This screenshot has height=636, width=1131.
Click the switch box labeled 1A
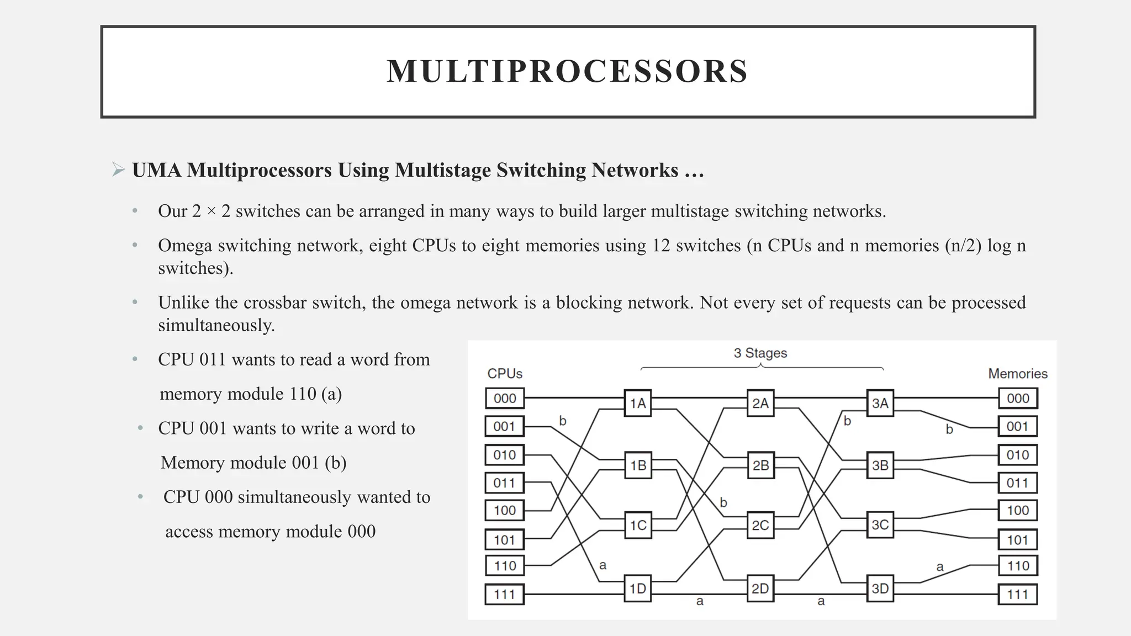638,403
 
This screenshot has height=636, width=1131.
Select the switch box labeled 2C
760,525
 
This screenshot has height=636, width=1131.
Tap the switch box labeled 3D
880,589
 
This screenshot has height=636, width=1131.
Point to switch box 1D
638,589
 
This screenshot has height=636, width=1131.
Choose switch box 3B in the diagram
880,465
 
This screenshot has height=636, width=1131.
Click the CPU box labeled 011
504,483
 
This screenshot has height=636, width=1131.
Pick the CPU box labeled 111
504,595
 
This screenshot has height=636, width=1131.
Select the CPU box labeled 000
504,398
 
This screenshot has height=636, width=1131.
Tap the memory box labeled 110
1017,566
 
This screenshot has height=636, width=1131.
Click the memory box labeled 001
1017,426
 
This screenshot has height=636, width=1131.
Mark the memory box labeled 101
1017,539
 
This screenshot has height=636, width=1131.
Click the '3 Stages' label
760,353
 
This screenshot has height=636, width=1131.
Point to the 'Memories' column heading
1017,374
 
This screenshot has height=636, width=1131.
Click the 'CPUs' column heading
504,374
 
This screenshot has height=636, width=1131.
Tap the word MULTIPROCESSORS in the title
567,71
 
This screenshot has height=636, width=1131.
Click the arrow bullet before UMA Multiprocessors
118,169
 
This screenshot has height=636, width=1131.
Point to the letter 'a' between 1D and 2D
700,601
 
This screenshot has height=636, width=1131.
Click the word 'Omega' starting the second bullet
184,245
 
